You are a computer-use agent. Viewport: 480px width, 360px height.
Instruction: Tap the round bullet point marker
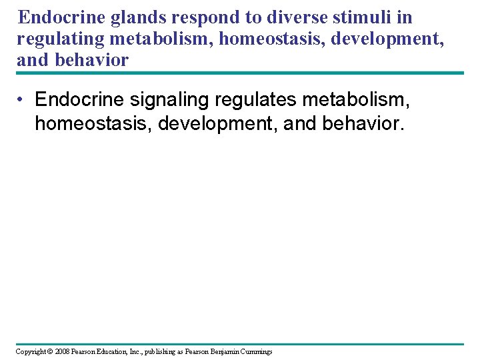point(21,99)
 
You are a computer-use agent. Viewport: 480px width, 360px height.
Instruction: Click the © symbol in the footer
point(50,351)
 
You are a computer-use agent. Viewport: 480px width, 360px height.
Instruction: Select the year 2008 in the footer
point(63,351)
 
